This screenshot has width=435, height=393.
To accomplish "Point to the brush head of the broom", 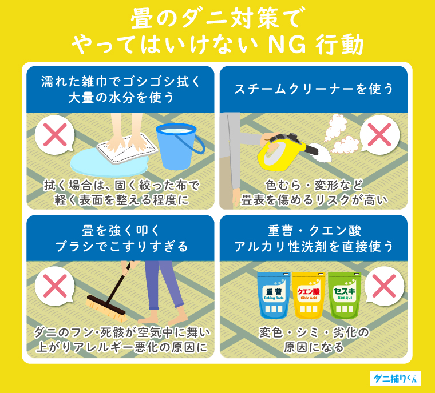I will pos(106,306).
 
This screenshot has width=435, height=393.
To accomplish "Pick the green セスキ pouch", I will pos(343,295).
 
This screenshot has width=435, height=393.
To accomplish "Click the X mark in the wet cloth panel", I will pos(55,135).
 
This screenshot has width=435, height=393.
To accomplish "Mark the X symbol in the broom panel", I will pos(55,286).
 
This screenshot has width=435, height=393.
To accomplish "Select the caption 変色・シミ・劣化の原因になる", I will pos(314,339).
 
